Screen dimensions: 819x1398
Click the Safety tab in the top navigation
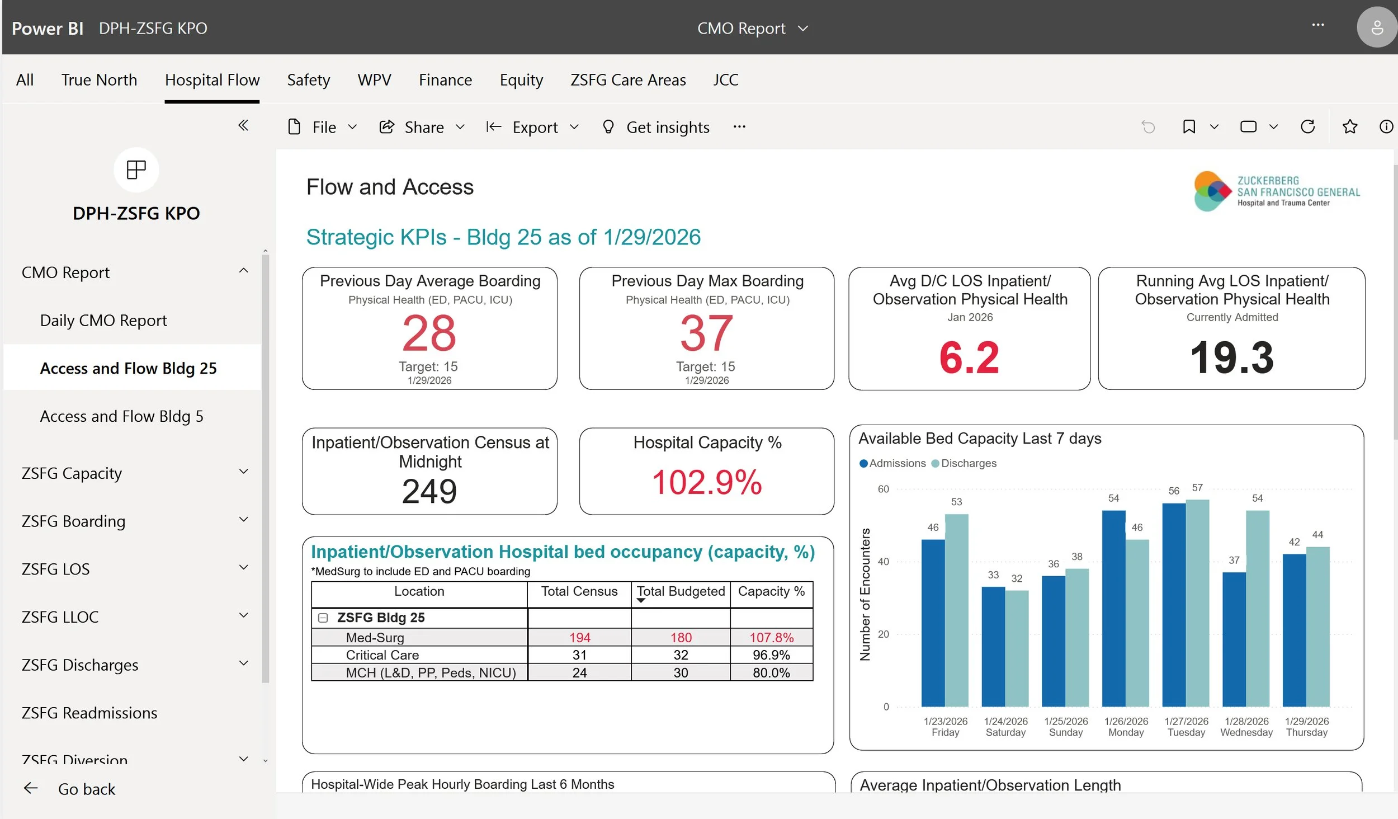tap(308, 80)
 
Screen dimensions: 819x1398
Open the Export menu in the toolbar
tap(533, 128)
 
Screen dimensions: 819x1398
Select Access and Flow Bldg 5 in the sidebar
tap(121, 416)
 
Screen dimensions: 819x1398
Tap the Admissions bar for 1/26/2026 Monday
tap(1113, 610)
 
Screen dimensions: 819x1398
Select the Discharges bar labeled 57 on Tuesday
tap(1197, 604)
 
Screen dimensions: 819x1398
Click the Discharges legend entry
tap(965, 463)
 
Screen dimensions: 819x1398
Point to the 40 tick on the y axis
tap(883, 562)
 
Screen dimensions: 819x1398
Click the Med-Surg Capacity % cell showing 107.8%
tap(771, 637)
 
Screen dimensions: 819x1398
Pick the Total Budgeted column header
tap(681, 591)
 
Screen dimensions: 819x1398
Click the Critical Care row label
tap(382, 655)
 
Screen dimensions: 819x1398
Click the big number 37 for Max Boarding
tap(706, 333)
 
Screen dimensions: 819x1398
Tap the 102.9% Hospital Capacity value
tap(707, 482)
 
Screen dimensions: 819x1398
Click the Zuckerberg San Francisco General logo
tap(1277, 191)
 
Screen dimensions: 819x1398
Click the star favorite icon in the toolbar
tap(1349, 127)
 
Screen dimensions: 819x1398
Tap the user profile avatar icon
tap(1376, 27)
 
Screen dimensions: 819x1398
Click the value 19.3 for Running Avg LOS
tap(1231, 358)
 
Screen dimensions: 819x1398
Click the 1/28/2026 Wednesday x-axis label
tap(1246, 727)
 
